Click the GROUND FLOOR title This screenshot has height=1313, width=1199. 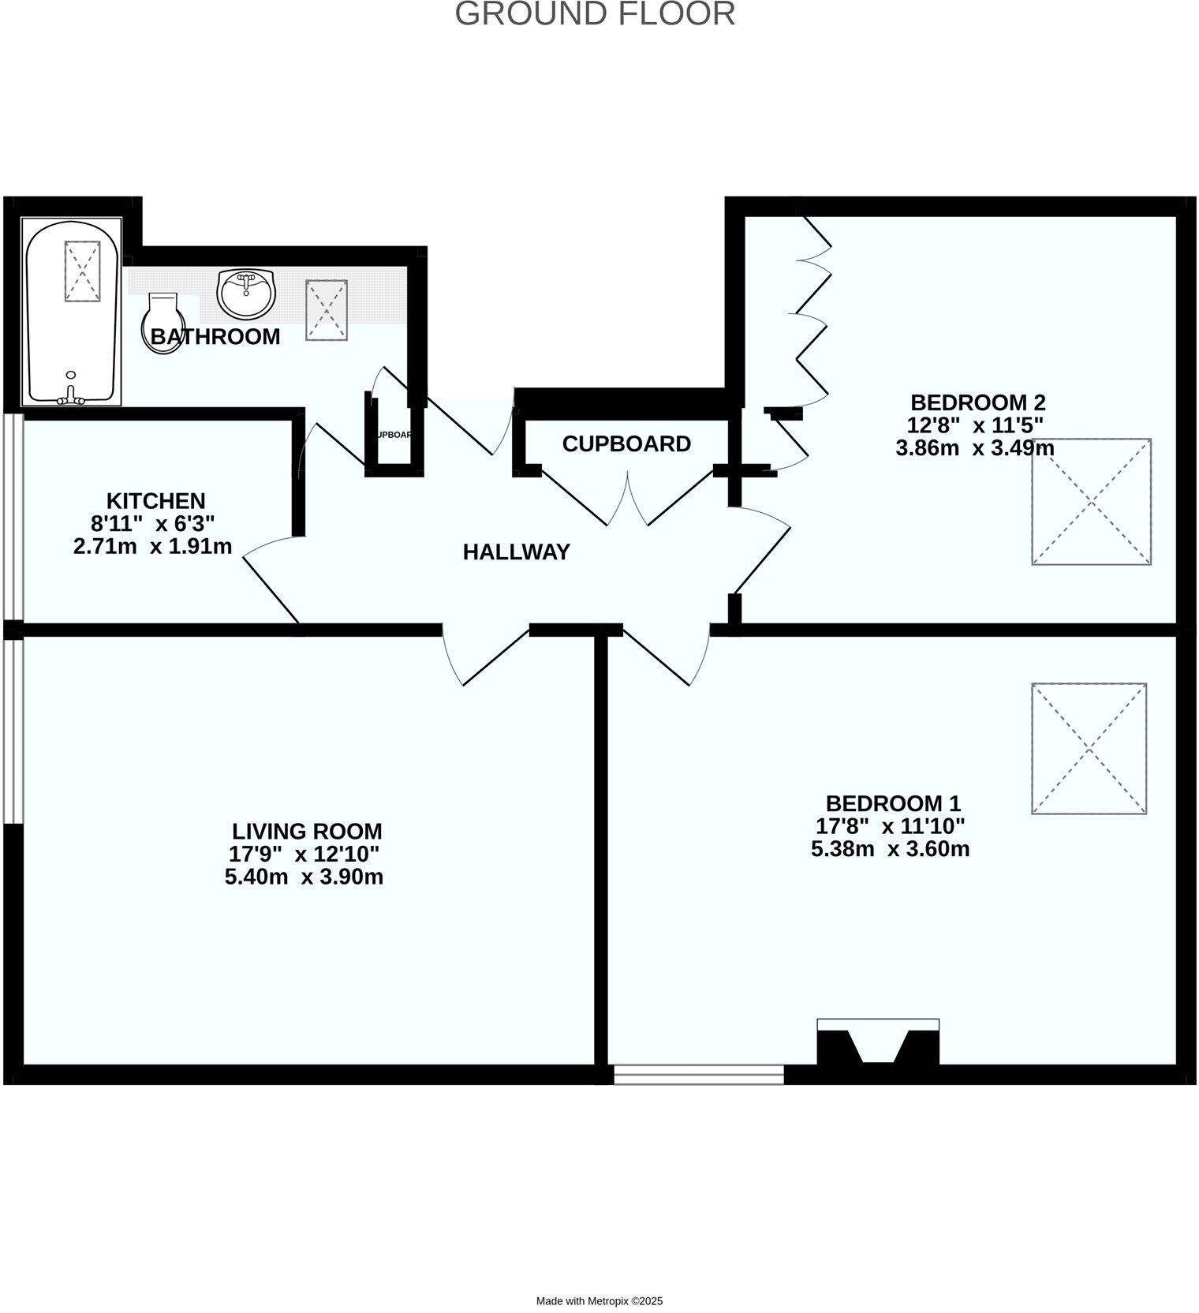pos(596,14)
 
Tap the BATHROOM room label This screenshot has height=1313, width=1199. pos(215,337)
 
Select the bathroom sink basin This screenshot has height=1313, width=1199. pos(247,293)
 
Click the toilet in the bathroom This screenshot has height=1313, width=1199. pos(163,323)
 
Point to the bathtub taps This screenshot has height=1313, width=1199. pos(72,395)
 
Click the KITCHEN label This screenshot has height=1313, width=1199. pos(156,501)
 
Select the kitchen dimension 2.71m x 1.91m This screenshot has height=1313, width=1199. pos(153,546)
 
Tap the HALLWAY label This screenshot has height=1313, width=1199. pos(516,552)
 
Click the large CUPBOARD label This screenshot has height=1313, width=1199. pos(626,444)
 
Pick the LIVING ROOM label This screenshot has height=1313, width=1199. pos(307,832)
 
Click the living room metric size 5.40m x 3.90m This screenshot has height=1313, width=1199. pos(304,877)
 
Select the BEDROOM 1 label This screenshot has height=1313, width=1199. pos(893,804)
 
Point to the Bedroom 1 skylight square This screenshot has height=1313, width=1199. pos(1089,748)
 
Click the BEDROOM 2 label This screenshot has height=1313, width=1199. pos(977,403)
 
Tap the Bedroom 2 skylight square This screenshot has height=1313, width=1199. pos(1091,502)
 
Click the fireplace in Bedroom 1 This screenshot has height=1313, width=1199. pos(878,1044)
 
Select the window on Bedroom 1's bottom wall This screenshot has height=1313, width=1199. pos(699,1074)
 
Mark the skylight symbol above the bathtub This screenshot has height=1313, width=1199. pos(82,271)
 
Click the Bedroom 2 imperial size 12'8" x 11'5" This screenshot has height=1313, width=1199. pos(975,426)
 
